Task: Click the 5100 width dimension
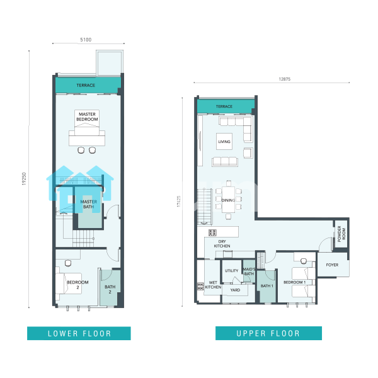tap(86, 40)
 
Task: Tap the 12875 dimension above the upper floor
tap(285, 79)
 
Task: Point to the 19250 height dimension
tap(24, 179)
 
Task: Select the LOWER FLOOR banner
tap(79, 333)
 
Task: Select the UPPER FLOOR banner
tap(268, 333)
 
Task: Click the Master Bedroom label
tap(87, 117)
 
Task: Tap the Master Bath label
tap(89, 204)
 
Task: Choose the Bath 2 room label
tap(110, 289)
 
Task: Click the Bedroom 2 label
tap(77, 285)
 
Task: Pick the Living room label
tap(224, 142)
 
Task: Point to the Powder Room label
tap(341, 234)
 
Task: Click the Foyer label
tap(332, 265)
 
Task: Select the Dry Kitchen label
tap(222, 244)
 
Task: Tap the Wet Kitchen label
tap(213, 285)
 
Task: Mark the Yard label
tap(235, 290)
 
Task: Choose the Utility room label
tap(231, 271)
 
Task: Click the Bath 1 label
tap(267, 286)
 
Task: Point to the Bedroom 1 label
tap(295, 282)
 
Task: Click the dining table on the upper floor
tap(228, 200)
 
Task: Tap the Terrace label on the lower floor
tap(86, 85)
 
